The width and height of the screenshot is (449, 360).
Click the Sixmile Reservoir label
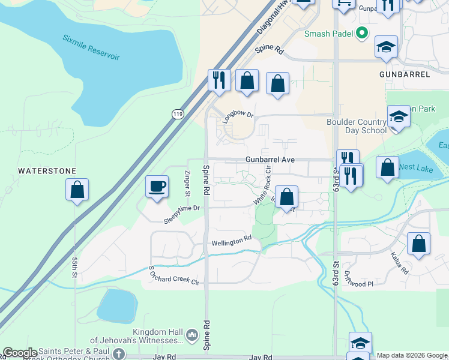[91, 47]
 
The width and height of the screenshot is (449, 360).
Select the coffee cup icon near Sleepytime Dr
[157, 186]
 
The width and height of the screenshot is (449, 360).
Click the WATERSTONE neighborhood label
[47, 171]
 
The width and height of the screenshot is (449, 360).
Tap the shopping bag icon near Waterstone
[77, 190]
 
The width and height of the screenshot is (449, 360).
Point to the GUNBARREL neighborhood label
[405, 74]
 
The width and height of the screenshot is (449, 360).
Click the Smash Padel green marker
[362, 34]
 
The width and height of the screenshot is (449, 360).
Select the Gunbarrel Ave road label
[270, 160]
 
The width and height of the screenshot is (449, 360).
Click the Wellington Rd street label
[231, 242]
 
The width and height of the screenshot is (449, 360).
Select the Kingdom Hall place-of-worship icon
[192, 334]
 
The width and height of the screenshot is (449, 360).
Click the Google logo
[20, 353]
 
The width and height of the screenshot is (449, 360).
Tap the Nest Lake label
[414, 167]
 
